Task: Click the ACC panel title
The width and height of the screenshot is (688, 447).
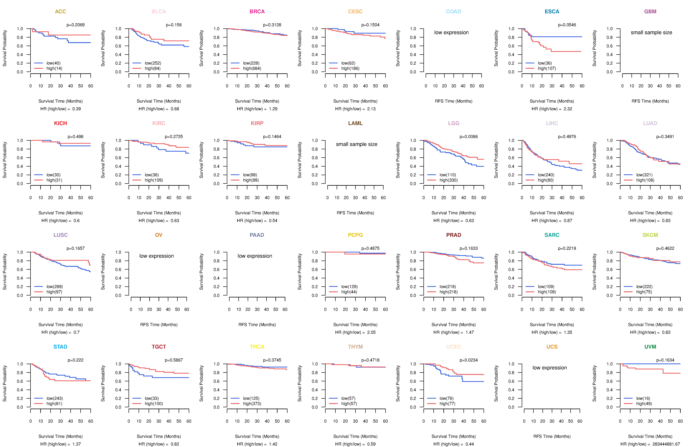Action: (x=60, y=12)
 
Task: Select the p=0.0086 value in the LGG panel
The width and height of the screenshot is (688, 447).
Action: (x=469, y=137)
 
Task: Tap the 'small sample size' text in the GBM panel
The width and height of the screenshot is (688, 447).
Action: (x=651, y=32)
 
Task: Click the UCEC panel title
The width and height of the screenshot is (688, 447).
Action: (x=454, y=347)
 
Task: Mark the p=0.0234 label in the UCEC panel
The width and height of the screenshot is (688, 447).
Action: (x=469, y=360)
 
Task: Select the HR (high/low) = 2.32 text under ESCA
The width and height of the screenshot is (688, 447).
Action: (x=552, y=109)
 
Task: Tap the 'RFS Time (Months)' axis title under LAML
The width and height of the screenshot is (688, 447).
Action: (x=355, y=213)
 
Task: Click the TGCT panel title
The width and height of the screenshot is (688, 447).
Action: (x=159, y=347)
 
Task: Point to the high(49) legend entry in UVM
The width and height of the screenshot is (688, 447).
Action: (x=644, y=404)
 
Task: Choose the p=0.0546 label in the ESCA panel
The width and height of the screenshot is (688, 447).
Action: (x=567, y=25)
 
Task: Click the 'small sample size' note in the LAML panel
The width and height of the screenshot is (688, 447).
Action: (x=356, y=144)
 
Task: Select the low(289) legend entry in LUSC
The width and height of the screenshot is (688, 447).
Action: (x=55, y=287)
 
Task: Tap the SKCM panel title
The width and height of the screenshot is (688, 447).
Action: (x=650, y=235)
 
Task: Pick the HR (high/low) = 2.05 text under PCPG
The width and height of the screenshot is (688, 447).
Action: (x=355, y=332)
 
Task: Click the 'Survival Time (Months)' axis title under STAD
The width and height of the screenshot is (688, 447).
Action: (x=60, y=436)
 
